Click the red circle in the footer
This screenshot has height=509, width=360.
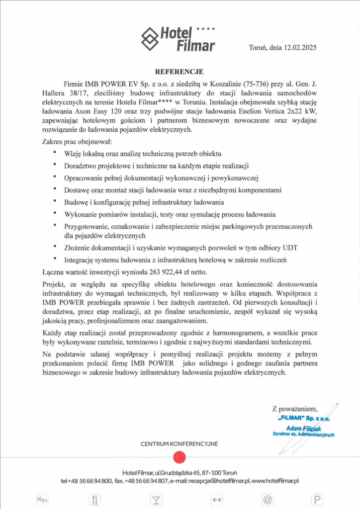point(179,457)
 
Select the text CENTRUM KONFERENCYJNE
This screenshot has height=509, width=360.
point(179,443)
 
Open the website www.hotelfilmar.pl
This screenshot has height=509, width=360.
point(275,481)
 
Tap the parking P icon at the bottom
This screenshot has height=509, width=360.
point(316,500)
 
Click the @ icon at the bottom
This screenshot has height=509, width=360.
point(268,500)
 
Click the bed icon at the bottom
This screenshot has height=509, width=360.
point(42,500)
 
